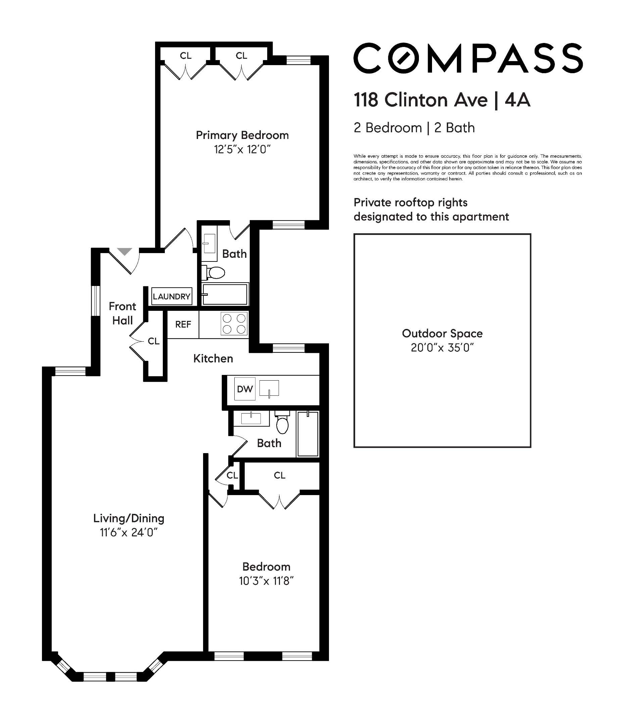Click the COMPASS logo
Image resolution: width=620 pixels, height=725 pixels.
468,58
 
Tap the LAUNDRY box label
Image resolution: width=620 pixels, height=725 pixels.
172,296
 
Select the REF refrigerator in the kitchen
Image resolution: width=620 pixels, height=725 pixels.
183,324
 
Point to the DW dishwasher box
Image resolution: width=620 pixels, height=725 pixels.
245,389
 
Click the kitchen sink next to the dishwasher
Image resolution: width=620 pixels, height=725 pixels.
269,389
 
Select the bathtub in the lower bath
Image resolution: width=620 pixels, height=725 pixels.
308,434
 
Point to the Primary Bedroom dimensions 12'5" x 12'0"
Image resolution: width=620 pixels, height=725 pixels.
242,150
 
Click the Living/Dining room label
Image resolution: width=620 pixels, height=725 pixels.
129,518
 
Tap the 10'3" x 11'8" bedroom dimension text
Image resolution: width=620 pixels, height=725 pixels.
266,581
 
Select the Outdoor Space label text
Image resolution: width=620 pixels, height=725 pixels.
442,333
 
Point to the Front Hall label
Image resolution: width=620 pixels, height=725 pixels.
123,313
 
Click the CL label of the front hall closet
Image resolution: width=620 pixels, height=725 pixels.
154,341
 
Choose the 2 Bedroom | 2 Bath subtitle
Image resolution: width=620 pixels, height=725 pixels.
414,128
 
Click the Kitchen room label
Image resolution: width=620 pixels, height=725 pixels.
213,358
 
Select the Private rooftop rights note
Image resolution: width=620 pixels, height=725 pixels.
431,209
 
